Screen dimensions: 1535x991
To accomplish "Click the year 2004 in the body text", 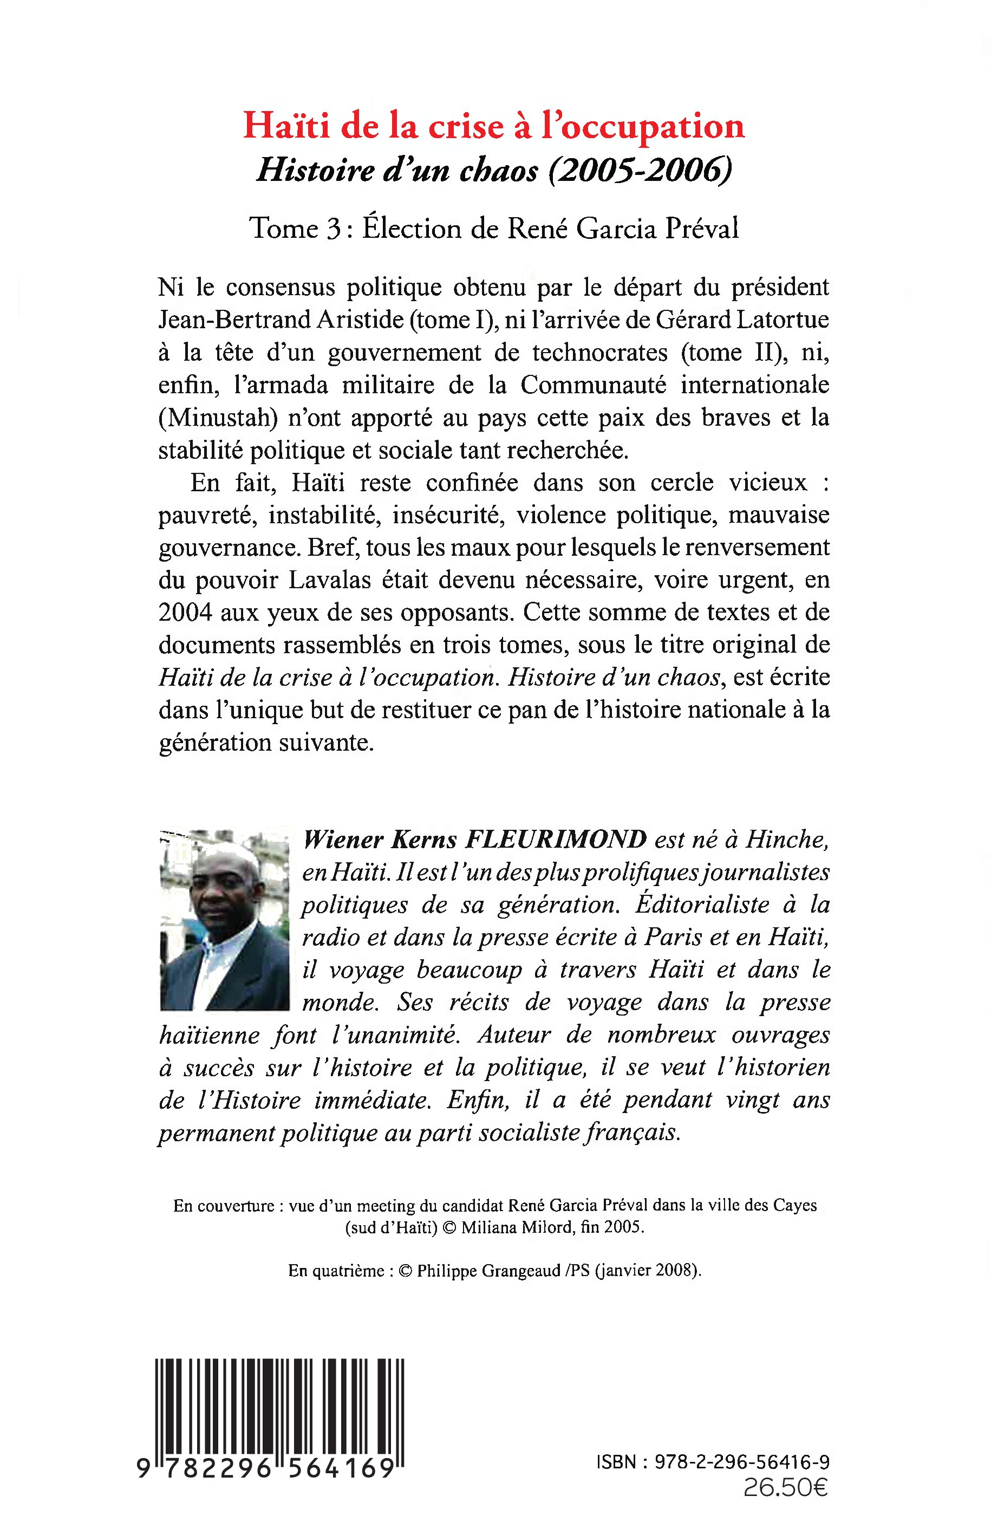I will click(x=185, y=613).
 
